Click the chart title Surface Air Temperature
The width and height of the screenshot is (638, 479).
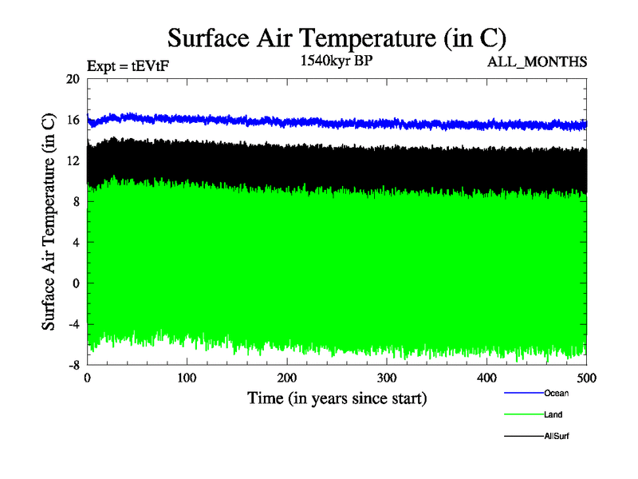click(337, 38)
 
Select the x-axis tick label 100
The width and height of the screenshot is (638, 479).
click(187, 378)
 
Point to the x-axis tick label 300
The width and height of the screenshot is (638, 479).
click(387, 378)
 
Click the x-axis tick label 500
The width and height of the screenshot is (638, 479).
click(586, 378)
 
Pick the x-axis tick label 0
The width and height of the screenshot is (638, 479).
click(87, 378)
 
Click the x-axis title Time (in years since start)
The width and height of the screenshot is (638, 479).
click(337, 398)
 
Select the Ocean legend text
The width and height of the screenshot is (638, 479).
click(556, 393)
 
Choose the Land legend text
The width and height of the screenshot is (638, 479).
click(553, 415)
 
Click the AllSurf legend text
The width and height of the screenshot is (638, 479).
click(557, 437)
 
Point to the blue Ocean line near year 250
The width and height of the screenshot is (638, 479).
click(337, 122)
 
